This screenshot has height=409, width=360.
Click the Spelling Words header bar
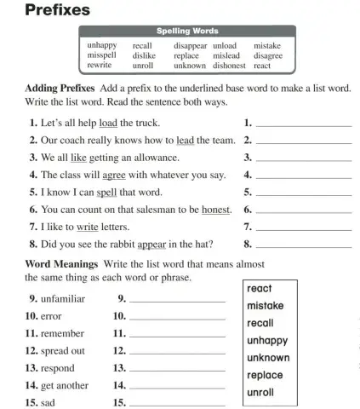click(185, 32)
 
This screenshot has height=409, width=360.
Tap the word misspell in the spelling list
click(102, 55)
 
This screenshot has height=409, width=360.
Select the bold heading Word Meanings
click(59, 263)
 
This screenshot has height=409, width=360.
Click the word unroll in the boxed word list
click(260, 393)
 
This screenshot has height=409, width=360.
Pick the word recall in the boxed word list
click(260, 323)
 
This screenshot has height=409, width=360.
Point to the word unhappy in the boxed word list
click(266, 340)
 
